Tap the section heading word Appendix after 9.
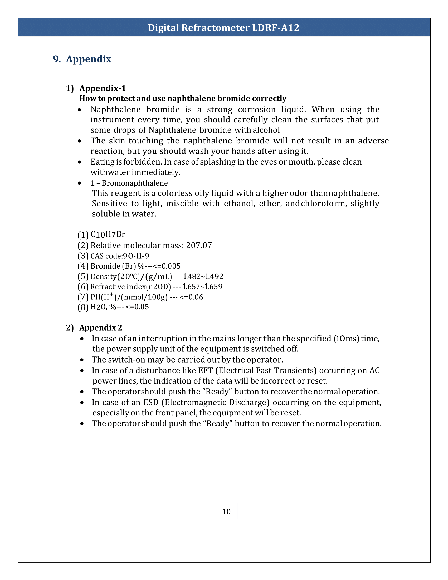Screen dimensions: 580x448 click(89, 59)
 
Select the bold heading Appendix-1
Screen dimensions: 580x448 click(103, 88)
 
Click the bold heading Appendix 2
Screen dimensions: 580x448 click(101, 328)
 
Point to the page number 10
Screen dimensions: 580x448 click(226, 511)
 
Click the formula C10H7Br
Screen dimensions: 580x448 click(108, 234)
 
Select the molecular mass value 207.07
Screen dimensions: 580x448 click(199, 245)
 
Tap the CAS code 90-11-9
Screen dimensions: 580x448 click(136, 256)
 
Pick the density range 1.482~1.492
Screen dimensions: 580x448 click(203, 277)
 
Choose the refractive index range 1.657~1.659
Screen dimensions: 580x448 click(203, 287)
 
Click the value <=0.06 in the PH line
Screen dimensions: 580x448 click(191, 297)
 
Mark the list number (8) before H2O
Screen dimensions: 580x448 click(83, 307)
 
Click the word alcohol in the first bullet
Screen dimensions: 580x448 click(266, 130)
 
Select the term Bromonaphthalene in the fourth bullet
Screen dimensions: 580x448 click(135, 183)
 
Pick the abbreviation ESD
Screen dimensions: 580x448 click(151, 402)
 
